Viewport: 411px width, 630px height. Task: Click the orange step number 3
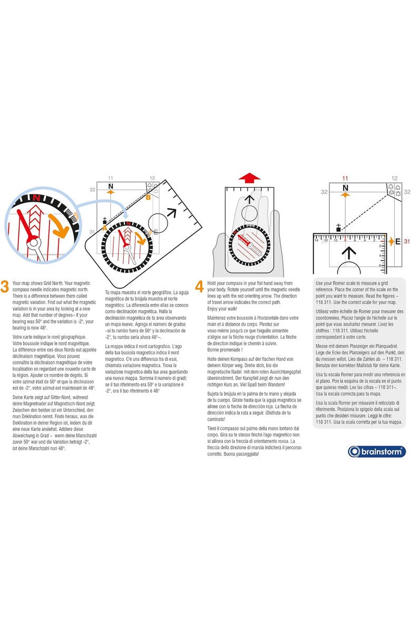5,286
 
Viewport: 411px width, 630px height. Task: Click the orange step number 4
199,286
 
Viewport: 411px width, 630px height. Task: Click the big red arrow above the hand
249,178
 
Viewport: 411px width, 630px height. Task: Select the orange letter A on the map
105,228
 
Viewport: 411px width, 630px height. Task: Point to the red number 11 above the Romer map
345,179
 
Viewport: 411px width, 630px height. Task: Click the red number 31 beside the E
406,241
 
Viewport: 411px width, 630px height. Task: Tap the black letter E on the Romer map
398,241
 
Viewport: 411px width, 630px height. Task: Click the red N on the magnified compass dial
36,198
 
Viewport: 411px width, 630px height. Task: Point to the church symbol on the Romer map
338,228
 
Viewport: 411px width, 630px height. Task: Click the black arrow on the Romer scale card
349,254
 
